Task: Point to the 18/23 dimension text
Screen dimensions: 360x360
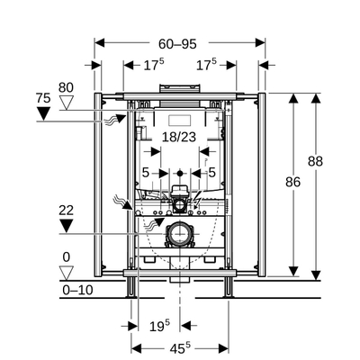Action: tap(180, 136)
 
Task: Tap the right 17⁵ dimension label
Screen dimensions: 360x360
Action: tap(206, 66)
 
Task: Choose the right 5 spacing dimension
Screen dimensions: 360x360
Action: tap(212, 173)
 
